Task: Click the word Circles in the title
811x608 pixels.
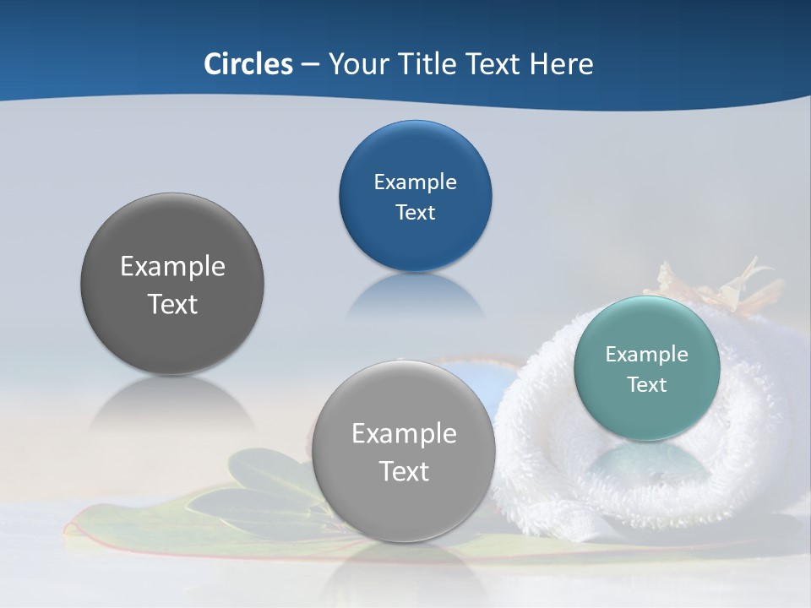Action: click(248, 64)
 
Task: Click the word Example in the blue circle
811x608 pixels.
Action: click(415, 182)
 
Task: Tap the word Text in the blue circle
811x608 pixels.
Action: click(415, 212)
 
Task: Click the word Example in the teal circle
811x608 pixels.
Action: click(646, 354)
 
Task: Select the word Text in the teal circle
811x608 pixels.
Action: click(646, 384)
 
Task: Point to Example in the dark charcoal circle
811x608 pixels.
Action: click(172, 266)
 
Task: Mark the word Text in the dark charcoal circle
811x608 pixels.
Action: click(172, 304)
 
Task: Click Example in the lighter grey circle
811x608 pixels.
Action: click(404, 433)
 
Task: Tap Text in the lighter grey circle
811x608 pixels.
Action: click(404, 471)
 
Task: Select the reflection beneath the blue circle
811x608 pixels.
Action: click(415, 296)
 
